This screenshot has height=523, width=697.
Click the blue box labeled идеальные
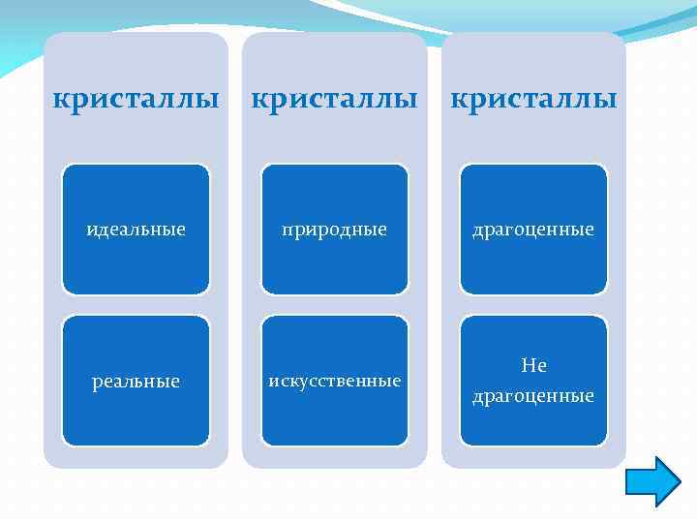(136, 230)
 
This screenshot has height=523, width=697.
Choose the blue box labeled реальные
(136, 381)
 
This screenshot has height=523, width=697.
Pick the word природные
(335, 231)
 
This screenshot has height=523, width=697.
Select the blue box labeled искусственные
(335, 381)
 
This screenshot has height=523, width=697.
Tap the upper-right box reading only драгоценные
(533, 230)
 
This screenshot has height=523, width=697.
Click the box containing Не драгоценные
(533, 381)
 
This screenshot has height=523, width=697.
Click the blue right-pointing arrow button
(653, 481)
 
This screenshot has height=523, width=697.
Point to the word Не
(533, 366)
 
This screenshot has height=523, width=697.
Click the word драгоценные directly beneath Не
(533, 396)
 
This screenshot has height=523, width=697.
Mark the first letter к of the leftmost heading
(59, 101)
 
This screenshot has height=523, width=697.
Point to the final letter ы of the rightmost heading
(608, 101)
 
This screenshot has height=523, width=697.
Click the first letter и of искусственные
(273, 382)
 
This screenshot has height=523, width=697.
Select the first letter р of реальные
(96, 384)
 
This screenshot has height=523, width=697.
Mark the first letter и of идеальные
(91, 231)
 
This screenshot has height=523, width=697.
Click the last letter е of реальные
(175, 383)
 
